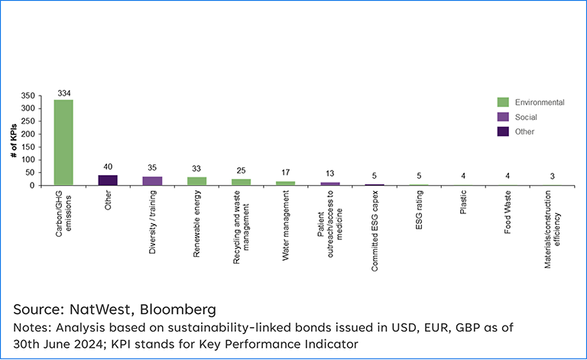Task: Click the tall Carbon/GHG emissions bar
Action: click(63, 142)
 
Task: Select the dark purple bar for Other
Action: click(108, 180)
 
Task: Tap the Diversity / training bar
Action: click(152, 181)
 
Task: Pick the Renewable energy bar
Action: click(196, 181)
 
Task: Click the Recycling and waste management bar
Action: click(241, 182)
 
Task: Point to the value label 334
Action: click(64, 93)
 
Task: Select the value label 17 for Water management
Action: click(285, 174)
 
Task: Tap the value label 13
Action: click(329, 174)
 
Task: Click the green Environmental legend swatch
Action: click(503, 102)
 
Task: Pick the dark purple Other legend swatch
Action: click(503, 131)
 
